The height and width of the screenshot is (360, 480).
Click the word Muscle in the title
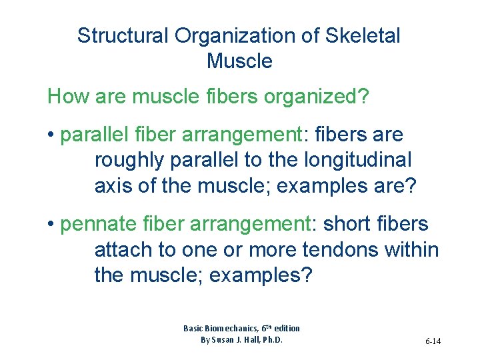239,61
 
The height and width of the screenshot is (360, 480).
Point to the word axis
113,185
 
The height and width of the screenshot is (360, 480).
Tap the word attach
124,250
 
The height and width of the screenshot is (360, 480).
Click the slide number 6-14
433,341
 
